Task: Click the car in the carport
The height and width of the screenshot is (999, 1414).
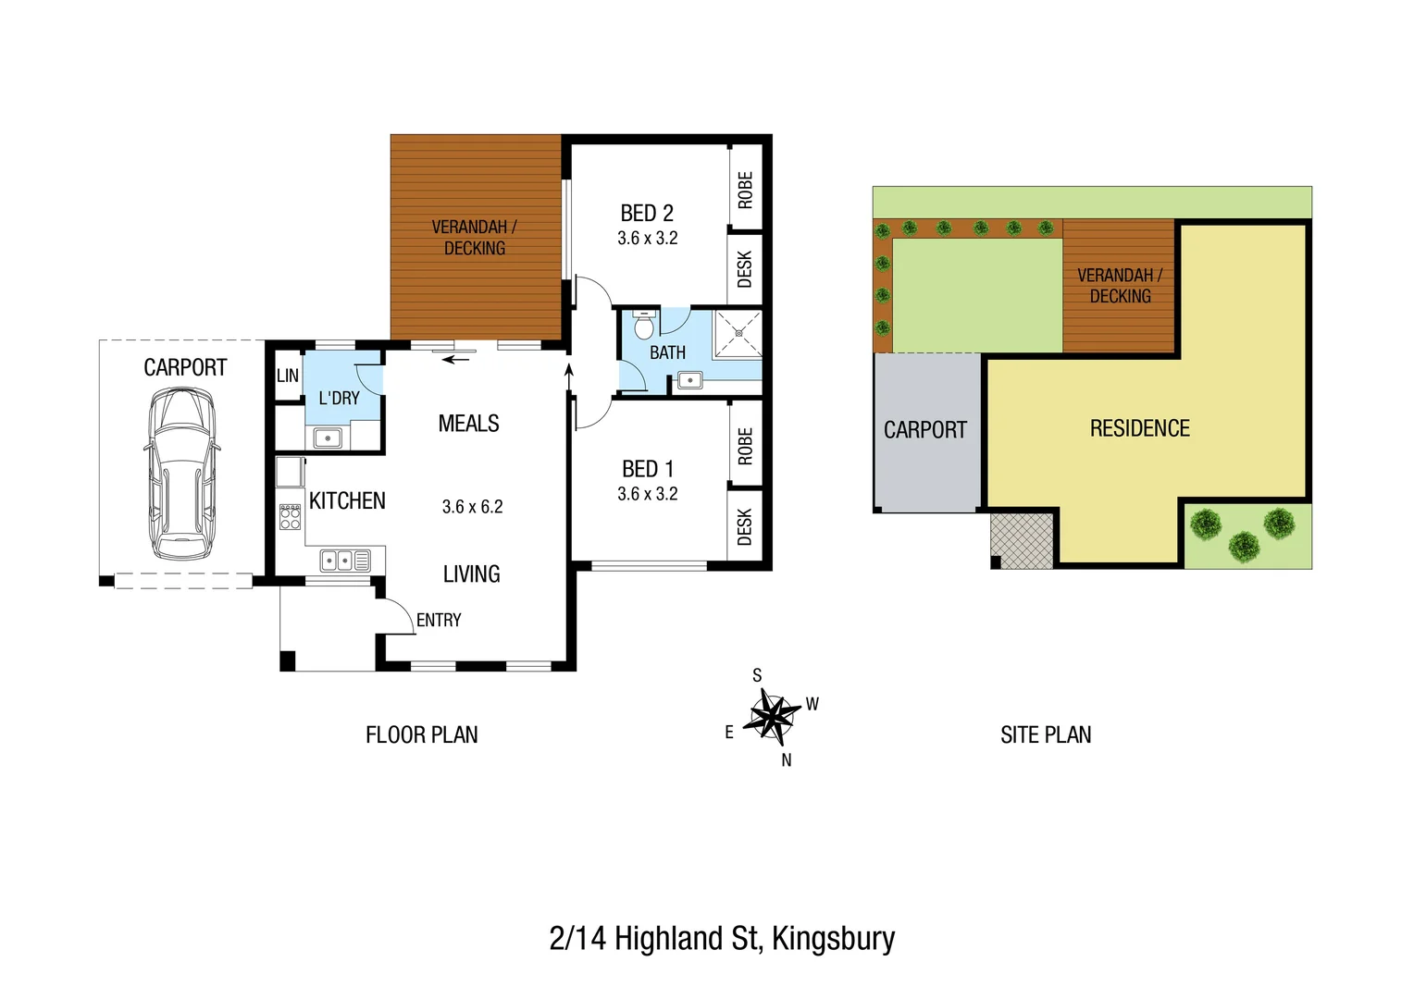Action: pyautogui.click(x=181, y=474)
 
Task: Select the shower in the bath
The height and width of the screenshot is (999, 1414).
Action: pyautogui.click(x=738, y=334)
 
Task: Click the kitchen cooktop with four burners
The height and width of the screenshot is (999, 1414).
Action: pyautogui.click(x=291, y=517)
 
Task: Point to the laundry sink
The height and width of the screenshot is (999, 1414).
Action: pyautogui.click(x=328, y=438)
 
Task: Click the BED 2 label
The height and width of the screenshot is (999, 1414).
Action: pyautogui.click(x=647, y=214)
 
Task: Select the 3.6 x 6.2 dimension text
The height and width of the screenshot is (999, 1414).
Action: pyautogui.click(x=472, y=507)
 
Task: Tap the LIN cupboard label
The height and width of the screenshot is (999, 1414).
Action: pyautogui.click(x=288, y=376)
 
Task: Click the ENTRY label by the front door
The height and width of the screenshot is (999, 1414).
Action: pyautogui.click(x=439, y=620)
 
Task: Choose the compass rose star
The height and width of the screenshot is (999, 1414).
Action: pyautogui.click(x=772, y=716)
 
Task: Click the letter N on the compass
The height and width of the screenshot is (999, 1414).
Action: pyautogui.click(x=787, y=760)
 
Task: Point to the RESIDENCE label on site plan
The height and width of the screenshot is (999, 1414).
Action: pyautogui.click(x=1140, y=428)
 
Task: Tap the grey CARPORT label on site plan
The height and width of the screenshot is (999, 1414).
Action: pyautogui.click(x=924, y=430)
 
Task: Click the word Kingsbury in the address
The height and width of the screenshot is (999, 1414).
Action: pyautogui.click(x=833, y=940)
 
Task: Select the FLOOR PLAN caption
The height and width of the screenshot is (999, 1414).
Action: pyautogui.click(x=422, y=734)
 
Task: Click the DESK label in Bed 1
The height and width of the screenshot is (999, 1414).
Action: pyautogui.click(x=745, y=526)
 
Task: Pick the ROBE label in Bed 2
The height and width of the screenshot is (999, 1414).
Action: pyautogui.click(x=746, y=190)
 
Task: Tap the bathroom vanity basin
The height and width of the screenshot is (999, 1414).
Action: pyautogui.click(x=690, y=380)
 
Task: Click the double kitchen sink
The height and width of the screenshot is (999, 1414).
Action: pyautogui.click(x=345, y=561)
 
